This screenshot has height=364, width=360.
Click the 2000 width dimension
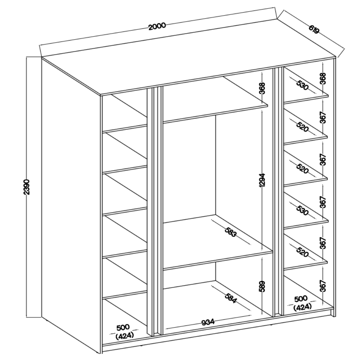(x=157, y=26)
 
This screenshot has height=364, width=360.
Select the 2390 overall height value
(x=27, y=187)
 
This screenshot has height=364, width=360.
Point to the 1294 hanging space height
(x=262, y=180)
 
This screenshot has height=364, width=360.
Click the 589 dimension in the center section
(x=262, y=286)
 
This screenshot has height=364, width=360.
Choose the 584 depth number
(x=231, y=298)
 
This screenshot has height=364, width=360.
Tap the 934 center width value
(x=208, y=322)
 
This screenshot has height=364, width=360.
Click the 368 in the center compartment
(x=262, y=88)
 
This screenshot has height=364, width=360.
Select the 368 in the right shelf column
(x=323, y=78)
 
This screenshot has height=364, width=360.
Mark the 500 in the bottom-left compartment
(x=123, y=327)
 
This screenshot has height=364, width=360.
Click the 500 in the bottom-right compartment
(x=301, y=298)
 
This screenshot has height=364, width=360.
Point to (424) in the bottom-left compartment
(x=125, y=336)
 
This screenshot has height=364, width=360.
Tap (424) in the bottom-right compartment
(x=302, y=307)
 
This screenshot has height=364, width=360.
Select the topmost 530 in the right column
(x=303, y=85)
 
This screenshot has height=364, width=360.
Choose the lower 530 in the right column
(x=302, y=210)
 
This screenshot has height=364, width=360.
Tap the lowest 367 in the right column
(x=323, y=286)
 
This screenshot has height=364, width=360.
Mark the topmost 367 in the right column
(x=323, y=118)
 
